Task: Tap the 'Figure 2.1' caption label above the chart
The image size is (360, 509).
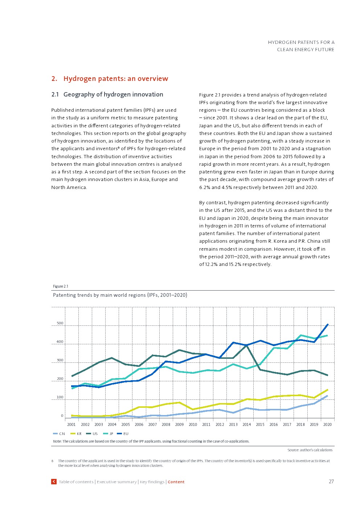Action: tap(61, 286)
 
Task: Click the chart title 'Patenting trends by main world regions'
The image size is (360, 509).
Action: tap(120, 295)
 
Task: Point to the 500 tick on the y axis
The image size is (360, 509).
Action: tap(60, 323)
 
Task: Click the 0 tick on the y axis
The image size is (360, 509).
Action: tap(62, 416)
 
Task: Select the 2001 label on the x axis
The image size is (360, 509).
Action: tap(71, 424)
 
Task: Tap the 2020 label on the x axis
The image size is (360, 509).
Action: tap(327, 424)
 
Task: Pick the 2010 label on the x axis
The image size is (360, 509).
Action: tap(193, 424)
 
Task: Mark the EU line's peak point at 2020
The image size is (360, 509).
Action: tap(328, 324)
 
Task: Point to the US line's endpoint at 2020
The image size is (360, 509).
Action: tap(327, 375)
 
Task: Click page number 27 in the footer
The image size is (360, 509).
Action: tap(331, 481)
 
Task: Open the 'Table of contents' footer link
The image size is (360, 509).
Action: tap(76, 482)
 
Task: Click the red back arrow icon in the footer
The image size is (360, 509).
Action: tap(54, 481)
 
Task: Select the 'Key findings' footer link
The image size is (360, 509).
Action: tap(152, 482)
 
